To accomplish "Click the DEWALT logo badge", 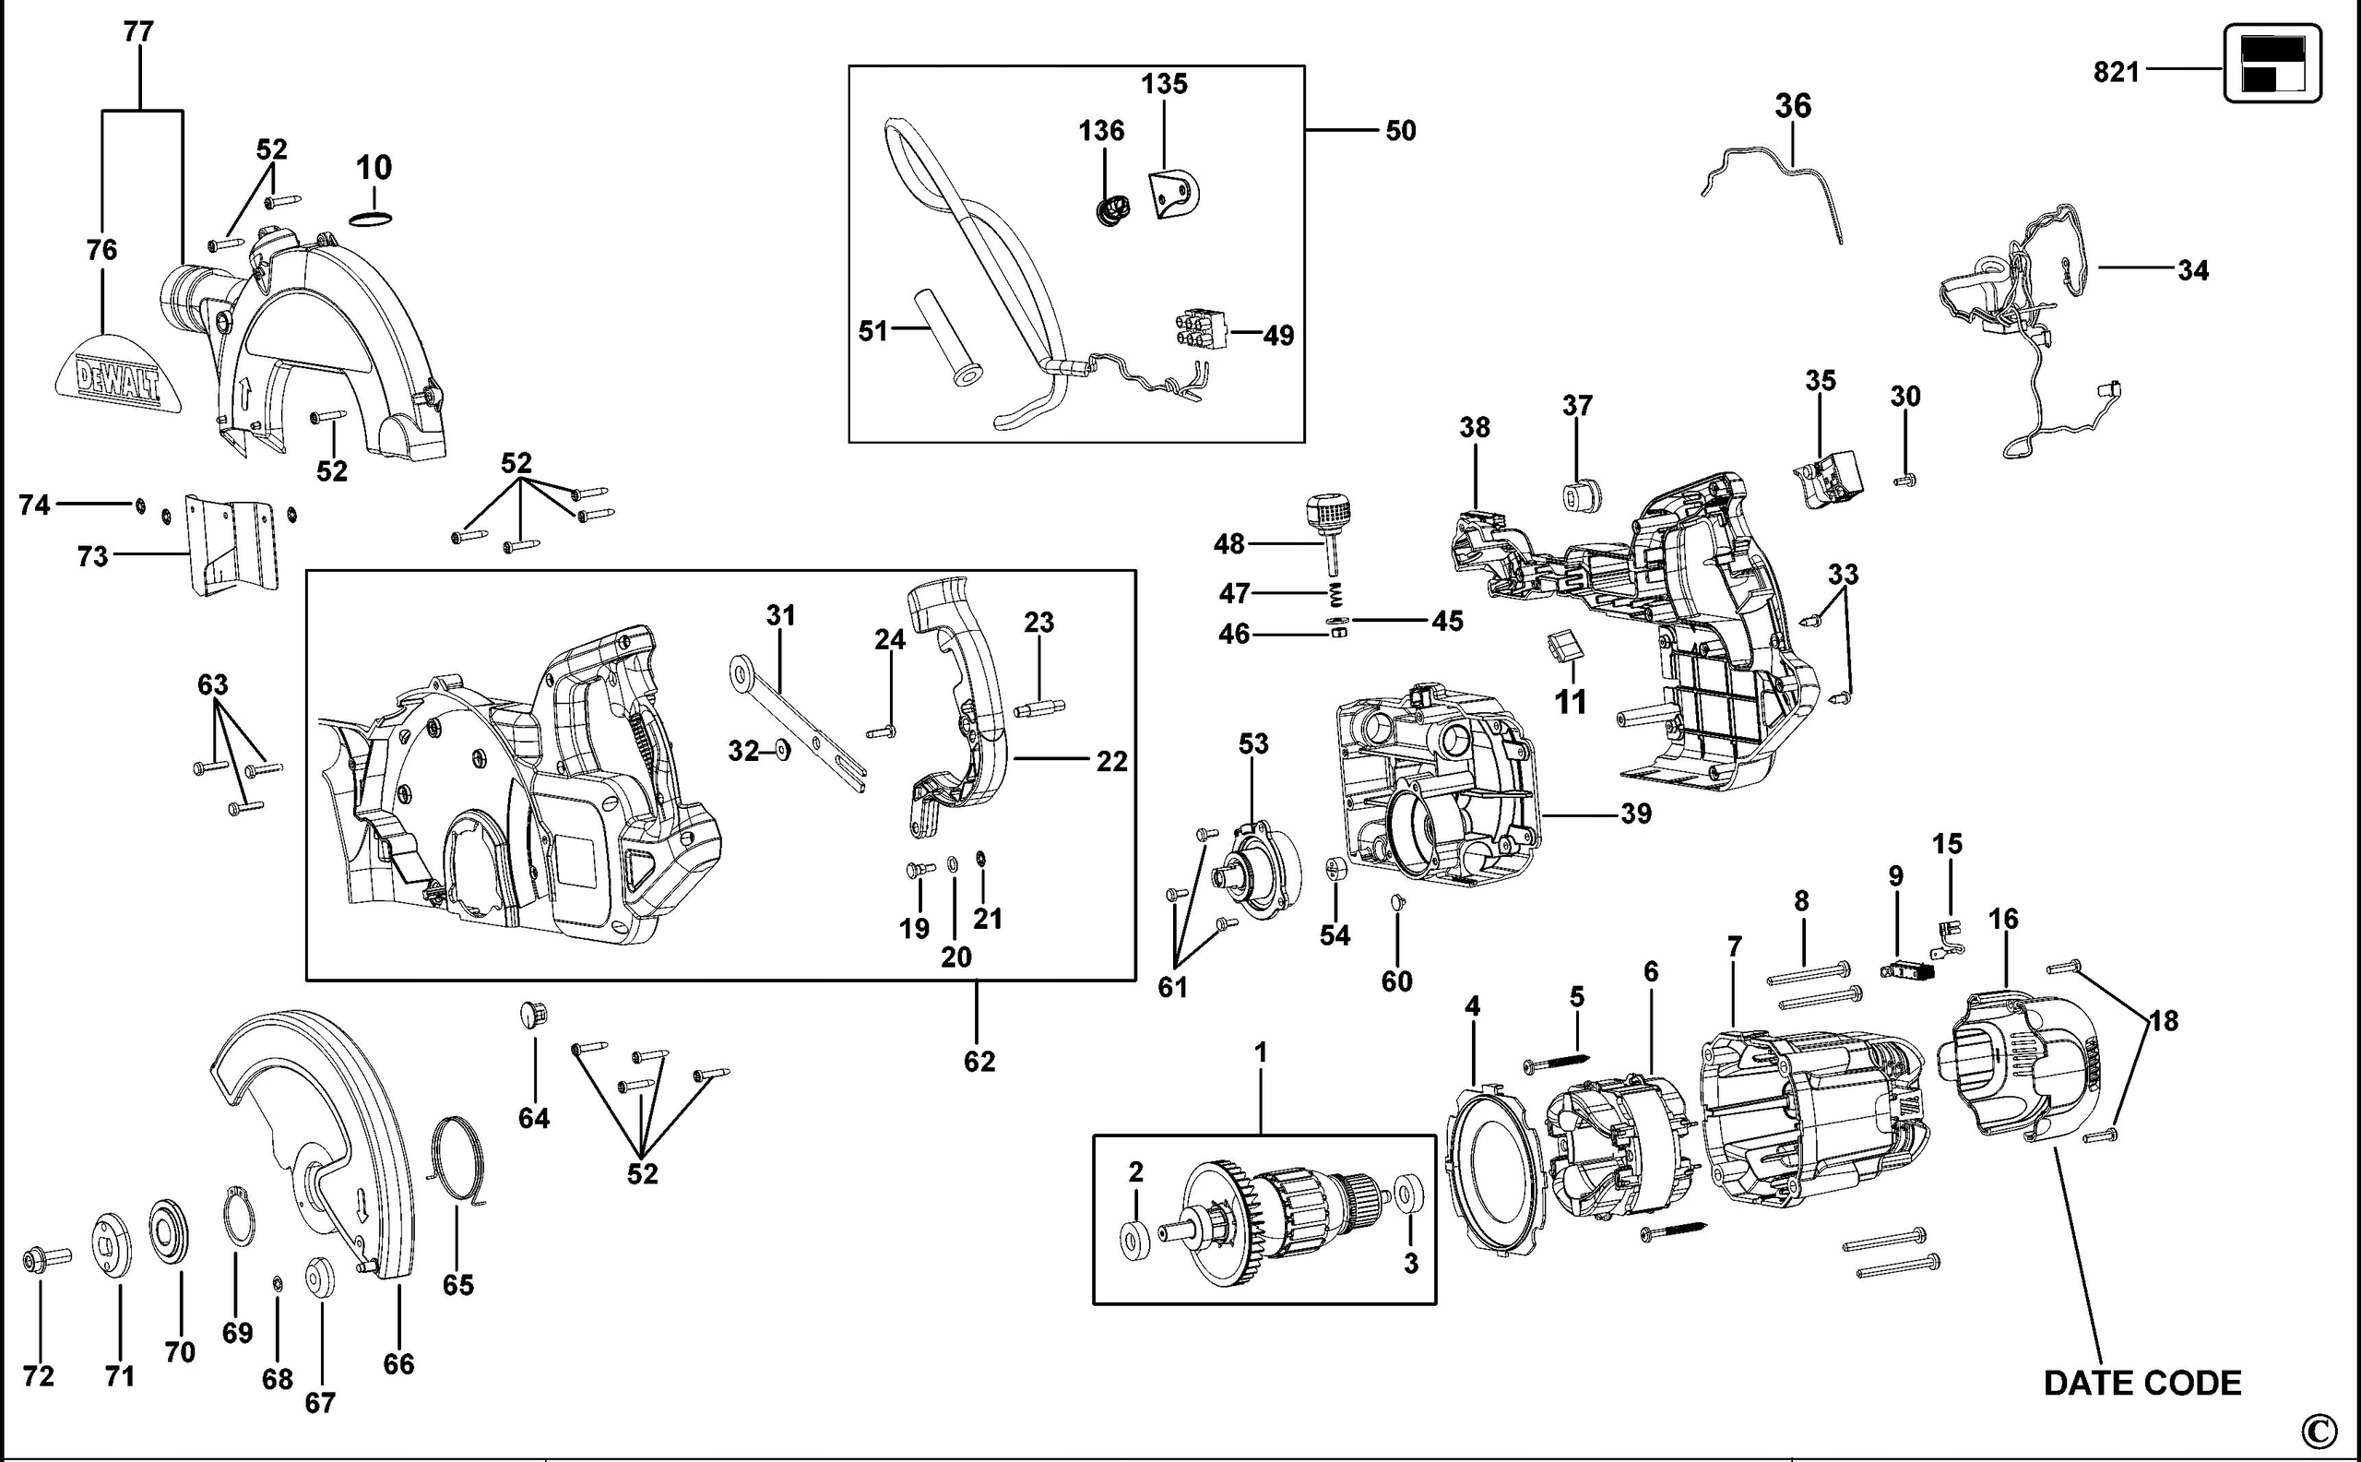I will click(x=119, y=376).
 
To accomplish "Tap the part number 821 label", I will click(x=2116, y=72).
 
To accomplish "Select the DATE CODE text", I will click(x=2142, y=1383).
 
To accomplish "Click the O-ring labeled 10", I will click(x=372, y=220).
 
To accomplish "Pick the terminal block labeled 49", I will click(x=1201, y=327).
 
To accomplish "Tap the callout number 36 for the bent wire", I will click(x=1792, y=105).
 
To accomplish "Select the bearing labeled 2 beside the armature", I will click(x=1134, y=1240).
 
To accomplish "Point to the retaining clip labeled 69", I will click(x=239, y=1218).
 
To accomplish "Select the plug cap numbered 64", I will click(x=533, y=1014).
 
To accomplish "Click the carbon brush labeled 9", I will click(x=1904, y=969).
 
